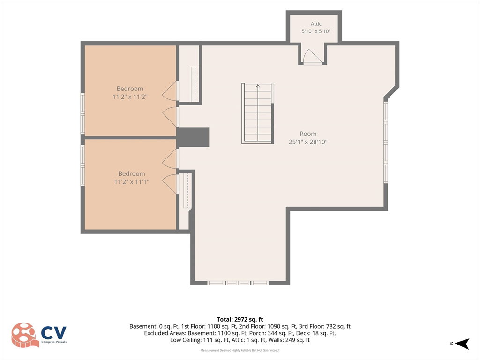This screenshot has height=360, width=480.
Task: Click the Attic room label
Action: point(316,24)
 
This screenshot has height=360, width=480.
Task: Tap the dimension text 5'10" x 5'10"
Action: point(316,31)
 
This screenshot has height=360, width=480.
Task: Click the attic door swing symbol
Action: point(312,57)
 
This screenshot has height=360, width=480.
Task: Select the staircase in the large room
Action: point(258,113)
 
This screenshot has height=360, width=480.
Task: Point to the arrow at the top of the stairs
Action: point(258,87)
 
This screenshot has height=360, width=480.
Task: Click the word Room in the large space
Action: point(308,134)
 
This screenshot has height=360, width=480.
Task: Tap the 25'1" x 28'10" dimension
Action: point(308,142)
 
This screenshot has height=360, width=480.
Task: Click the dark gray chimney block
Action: point(193,137)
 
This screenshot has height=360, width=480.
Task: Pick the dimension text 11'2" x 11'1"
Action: point(132,181)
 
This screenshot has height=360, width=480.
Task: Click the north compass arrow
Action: point(462,344)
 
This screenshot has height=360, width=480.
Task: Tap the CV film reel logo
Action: point(25,335)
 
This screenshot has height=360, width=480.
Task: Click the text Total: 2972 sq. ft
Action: point(240,320)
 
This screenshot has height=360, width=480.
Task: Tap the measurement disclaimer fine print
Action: point(240,350)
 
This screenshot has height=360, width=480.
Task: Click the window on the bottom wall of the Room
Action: point(238,283)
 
